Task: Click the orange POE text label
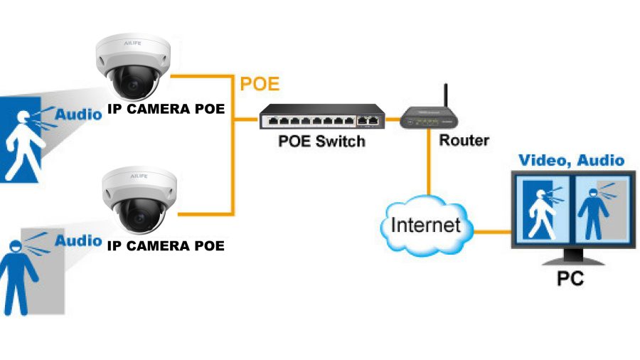point(260,84)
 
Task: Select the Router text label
point(464,139)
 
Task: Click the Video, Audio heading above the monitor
point(571,160)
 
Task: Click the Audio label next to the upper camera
point(78,114)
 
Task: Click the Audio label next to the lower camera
point(78,240)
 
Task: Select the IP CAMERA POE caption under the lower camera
point(165,246)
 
